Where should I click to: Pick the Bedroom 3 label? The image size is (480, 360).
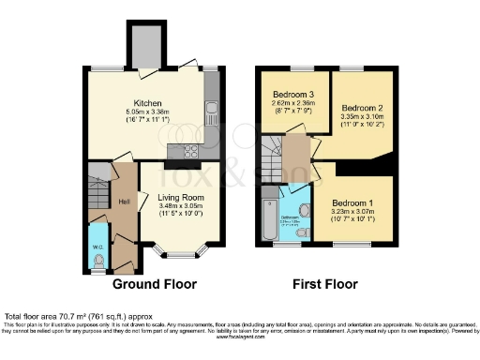pyautogui.click(x=292, y=95)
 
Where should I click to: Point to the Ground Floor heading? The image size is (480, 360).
pyautogui.click(x=152, y=282)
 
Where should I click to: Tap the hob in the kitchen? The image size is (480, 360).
pyautogui.click(x=180, y=151)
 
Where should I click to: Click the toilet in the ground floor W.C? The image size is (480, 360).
pyautogui.click(x=98, y=262)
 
